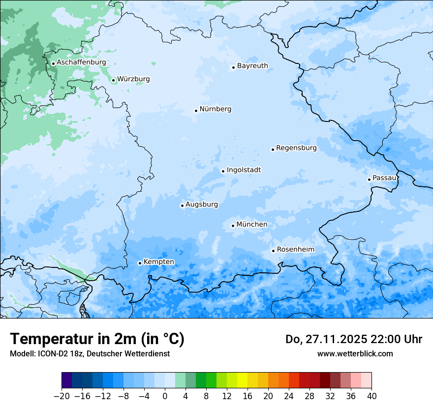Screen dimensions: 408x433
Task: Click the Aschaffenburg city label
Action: click(81, 62)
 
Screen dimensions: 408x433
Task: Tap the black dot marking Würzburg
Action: click(113, 80)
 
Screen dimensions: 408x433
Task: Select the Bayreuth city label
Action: click(252, 66)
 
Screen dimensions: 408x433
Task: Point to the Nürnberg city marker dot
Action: click(196, 111)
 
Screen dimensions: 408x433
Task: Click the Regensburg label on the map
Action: click(296, 148)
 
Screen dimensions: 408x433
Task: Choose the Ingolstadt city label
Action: click(244, 170)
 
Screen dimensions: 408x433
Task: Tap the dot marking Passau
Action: click(369, 179)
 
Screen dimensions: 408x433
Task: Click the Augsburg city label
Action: click(202, 204)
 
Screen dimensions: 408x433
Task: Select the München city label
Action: click(252, 225)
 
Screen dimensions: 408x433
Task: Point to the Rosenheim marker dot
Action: click(273, 251)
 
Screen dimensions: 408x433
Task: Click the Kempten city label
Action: click(158, 262)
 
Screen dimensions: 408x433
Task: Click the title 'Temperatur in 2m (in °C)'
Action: click(97, 339)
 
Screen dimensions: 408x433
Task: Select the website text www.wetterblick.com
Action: click(355, 353)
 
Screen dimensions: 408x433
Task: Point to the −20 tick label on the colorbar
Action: click(62, 396)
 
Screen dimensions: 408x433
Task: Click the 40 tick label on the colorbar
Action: click(371, 396)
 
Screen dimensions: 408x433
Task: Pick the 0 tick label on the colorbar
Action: click(165, 396)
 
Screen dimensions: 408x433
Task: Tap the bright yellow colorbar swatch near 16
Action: click(242, 380)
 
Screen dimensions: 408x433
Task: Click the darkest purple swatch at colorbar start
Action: click(67, 380)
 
